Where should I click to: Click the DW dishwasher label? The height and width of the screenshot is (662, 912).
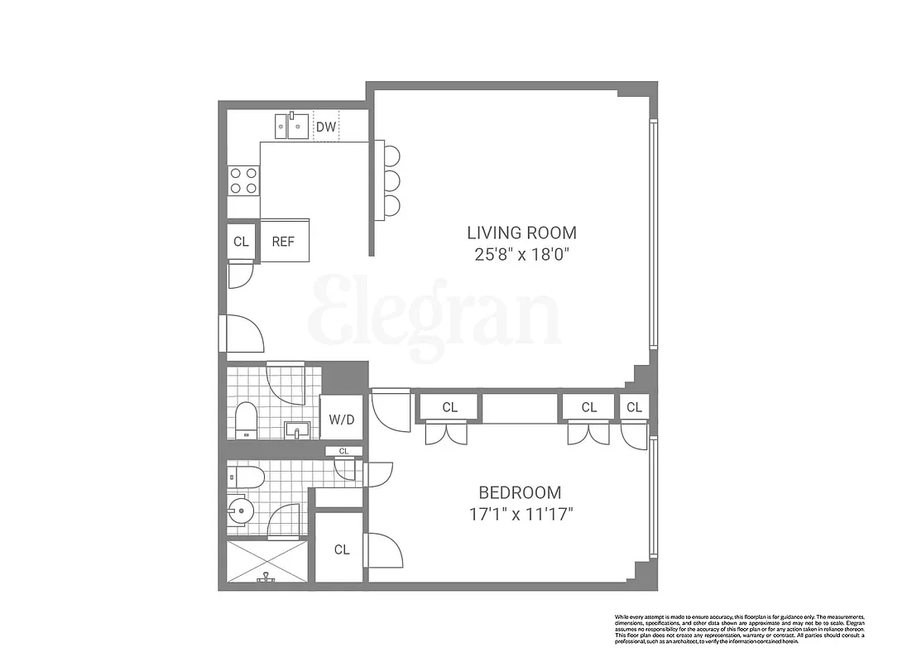coord(326,127)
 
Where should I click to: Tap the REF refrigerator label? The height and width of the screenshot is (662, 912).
coord(285,242)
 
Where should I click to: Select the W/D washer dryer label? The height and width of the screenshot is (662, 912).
coord(341,420)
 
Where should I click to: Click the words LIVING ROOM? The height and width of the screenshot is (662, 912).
coord(521,233)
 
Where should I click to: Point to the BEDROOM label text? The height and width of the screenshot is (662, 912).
coord(520,492)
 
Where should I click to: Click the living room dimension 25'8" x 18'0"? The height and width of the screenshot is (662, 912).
coord(521,254)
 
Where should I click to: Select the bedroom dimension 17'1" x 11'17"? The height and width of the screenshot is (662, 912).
coord(520,514)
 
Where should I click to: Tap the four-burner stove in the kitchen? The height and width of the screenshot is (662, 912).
coord(243,180)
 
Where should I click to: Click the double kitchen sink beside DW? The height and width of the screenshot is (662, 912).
coord(292,127)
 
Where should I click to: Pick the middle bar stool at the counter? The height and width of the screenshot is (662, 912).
coord(391,180)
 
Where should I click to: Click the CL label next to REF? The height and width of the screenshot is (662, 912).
coord(241,242)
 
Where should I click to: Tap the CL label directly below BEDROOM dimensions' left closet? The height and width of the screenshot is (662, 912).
coord(342,549)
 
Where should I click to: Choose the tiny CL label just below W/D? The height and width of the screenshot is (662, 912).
coord(343,451)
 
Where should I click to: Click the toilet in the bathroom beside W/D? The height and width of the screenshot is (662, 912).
coord(246,420)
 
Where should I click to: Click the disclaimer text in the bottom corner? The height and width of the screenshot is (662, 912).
coord(739,629)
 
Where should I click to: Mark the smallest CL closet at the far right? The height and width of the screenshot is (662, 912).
coord(634,407)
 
